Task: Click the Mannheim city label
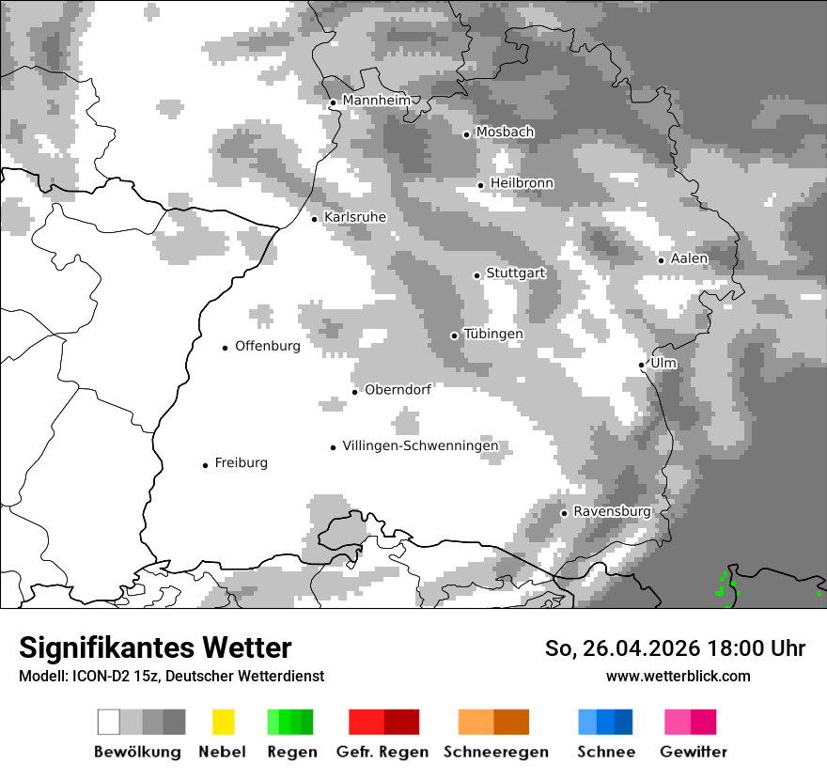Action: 376,101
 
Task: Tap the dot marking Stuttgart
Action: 476,275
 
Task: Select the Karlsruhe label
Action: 354,217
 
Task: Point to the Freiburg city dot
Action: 205,465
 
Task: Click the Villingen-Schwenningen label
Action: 420,446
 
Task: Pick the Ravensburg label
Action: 612,511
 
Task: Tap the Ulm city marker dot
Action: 641,365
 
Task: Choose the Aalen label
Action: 689,258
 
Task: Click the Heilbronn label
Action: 522,183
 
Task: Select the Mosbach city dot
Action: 466,134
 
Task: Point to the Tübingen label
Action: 493,335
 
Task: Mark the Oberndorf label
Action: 398,390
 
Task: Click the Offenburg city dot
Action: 225,348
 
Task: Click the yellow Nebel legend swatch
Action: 223,722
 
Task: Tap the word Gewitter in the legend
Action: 694,752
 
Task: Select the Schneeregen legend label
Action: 495,752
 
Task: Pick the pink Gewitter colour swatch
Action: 677,722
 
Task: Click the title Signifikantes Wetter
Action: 155,648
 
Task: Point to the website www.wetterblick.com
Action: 678,676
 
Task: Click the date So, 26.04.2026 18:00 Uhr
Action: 675,648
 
